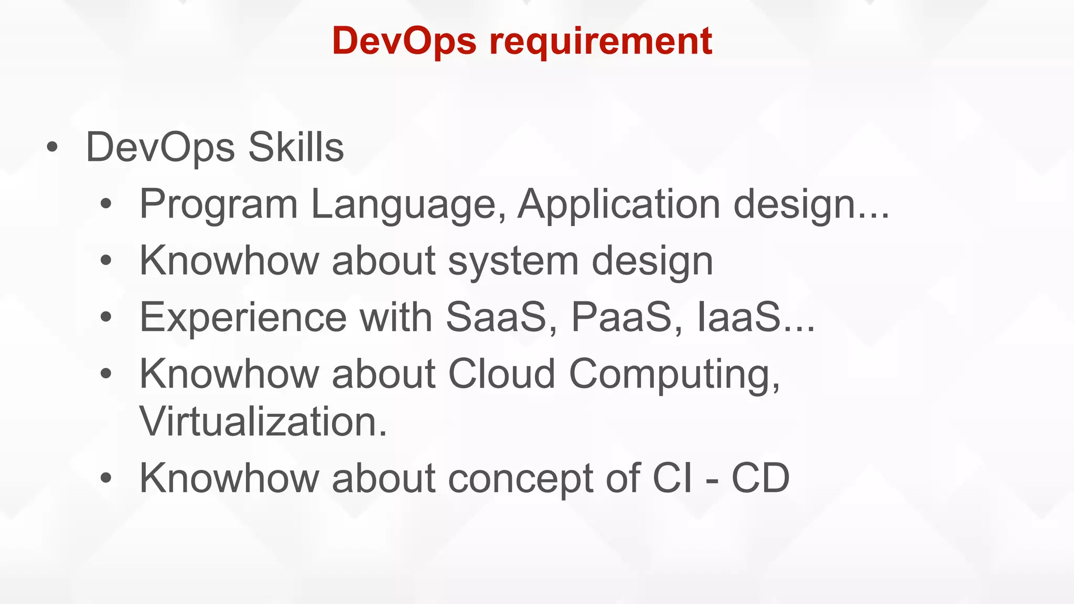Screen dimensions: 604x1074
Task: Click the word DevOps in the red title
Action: pyautogui.click(x=404, y=41)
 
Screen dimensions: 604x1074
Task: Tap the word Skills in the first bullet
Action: pyautogui.click(x=296, y=147)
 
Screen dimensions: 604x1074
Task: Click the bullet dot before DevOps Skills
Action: pyautogui.click(x=51, y=147)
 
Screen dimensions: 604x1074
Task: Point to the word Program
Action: pyautogui.click(x=219, y=204)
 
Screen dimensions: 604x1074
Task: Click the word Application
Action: pyautogui.click(x=619, y=203)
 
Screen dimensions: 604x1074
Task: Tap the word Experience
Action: pyautogui.click(x=243, y=317)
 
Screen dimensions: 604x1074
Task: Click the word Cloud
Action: pyautogui.click(x=502, y=374)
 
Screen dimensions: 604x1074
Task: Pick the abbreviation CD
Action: pyautogui.click(x=760, y=478)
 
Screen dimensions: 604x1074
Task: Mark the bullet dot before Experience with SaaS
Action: pyautogui.click(x=106, y=317)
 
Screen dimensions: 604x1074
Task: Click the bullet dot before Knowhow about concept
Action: pyautogui.click(x=106, y=478)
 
